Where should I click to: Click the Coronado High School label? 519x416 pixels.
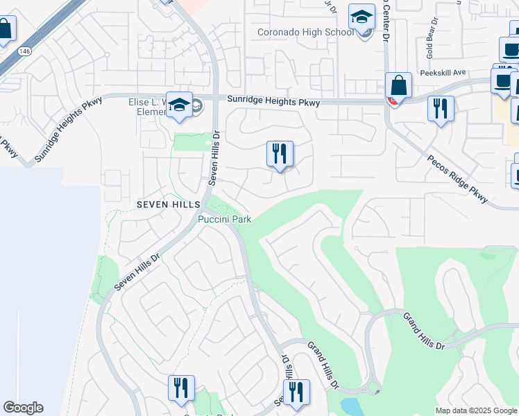305,32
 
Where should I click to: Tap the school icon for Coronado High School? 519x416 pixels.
361,17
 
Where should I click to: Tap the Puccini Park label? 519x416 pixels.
224,219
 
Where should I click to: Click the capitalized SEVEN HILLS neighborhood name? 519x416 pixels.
168,205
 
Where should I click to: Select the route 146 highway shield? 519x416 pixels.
24,51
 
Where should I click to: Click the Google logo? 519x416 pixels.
23,407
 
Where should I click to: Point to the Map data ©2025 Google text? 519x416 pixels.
476,410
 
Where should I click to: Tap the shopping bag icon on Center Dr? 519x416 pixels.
399,87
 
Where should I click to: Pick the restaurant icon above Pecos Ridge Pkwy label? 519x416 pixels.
441,109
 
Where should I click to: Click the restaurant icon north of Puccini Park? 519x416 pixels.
280,154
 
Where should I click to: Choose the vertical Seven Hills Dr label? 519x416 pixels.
215,159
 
